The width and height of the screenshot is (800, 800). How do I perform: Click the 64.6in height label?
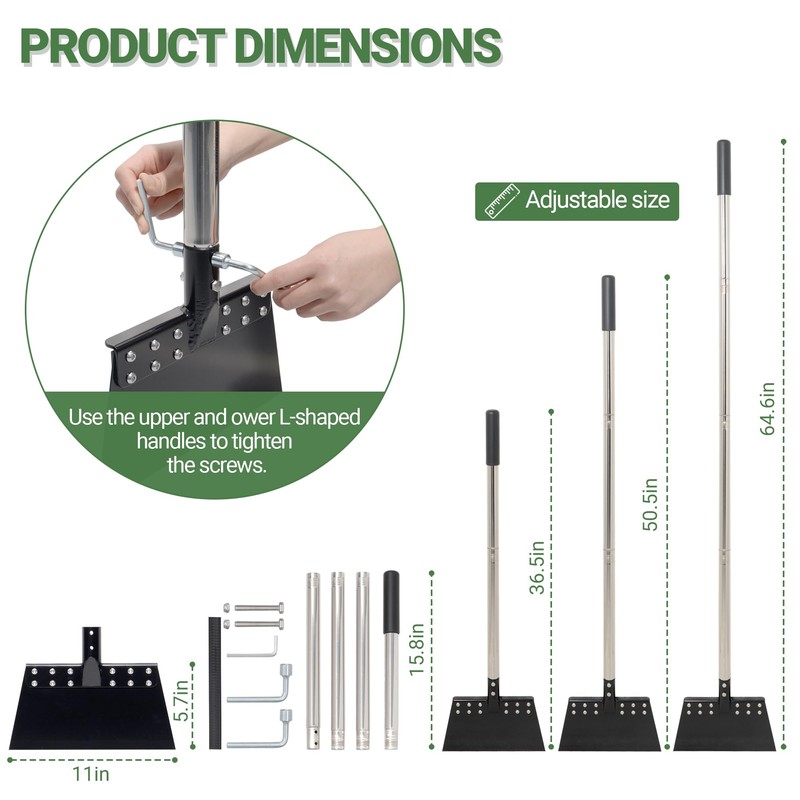coord(767,408)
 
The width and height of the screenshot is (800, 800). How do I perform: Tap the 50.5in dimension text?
coord(650,505)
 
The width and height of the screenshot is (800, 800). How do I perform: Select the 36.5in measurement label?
coord(537,568)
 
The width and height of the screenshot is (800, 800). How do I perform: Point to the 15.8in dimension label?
coord(417,649)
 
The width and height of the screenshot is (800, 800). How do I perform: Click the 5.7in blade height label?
coord(181,701)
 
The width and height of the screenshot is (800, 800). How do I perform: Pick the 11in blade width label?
coord(91,773)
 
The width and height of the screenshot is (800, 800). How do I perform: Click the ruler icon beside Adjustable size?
coord(502,201)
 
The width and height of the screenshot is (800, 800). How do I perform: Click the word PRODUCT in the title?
coord(122,46)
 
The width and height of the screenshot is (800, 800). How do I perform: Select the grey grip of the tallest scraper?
coord(723,167)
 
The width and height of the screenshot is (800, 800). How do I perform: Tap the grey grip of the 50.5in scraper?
coord(608,303)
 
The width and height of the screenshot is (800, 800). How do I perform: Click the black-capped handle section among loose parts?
coord(391,660)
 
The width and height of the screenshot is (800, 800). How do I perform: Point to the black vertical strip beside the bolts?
coord(215,683)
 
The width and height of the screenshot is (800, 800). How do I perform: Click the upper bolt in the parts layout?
coord(254,608)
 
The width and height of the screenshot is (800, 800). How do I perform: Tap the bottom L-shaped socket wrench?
coord(260,729)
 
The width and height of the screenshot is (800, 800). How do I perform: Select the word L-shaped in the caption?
coord(320,418)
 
